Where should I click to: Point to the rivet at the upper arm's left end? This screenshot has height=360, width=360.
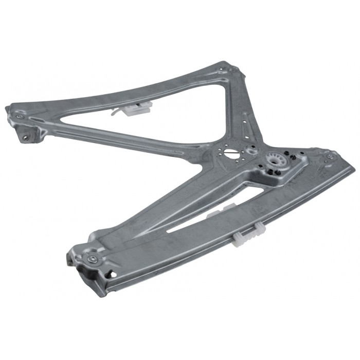pyautogui.click(x=20, y=117)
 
